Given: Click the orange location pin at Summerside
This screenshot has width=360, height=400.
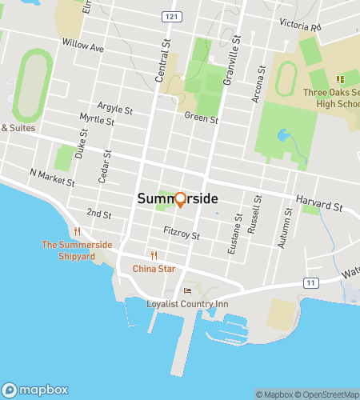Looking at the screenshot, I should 180,199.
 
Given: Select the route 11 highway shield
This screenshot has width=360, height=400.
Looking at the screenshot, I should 310,282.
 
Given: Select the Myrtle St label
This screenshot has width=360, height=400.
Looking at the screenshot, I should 98,119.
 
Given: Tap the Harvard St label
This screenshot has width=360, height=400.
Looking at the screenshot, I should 318,206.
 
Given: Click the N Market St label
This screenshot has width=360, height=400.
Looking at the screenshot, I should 51,176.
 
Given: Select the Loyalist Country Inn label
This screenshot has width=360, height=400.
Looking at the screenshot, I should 188,304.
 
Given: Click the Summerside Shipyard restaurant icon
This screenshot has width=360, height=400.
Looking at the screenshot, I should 77,232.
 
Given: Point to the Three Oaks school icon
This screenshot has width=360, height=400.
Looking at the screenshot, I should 340,79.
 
